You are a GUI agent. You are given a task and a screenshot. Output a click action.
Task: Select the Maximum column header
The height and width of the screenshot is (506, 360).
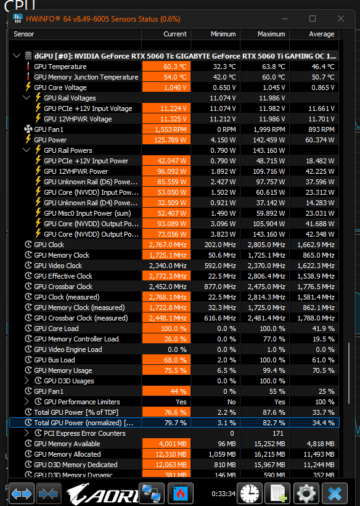coord(271,34)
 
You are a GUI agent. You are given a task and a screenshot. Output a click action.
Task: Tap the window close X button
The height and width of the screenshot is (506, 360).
coord(341,18)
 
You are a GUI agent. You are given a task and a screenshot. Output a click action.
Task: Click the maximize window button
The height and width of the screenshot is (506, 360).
coord(313,18)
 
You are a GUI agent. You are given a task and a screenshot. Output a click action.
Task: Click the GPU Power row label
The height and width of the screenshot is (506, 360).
coord(51,140)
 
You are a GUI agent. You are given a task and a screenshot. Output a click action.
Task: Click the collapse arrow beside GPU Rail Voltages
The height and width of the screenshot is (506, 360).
coord(27,97)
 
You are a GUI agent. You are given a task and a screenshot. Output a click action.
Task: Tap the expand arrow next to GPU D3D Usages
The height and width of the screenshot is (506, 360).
coord(27,381)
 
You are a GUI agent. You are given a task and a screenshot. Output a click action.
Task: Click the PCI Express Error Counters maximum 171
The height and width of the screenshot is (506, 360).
coord(278,433)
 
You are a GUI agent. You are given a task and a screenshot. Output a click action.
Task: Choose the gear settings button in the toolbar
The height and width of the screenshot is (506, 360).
coord(306,494)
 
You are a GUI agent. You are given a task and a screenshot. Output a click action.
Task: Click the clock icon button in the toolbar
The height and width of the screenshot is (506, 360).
coord(249,494)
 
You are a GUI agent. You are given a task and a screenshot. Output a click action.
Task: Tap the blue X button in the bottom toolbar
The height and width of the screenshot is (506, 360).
coord(335,494)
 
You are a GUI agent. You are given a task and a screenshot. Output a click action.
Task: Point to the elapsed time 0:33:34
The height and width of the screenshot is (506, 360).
coord(223,494)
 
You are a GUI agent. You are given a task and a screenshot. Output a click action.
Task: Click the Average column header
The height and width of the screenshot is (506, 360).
coord(322,34)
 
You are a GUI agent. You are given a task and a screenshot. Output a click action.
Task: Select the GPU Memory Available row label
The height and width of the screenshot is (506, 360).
coord(67,444)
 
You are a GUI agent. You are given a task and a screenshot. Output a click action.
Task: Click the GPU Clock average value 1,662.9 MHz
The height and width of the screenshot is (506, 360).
coord(316,245)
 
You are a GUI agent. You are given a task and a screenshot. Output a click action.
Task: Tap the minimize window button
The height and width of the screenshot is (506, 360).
coord(284,18)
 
